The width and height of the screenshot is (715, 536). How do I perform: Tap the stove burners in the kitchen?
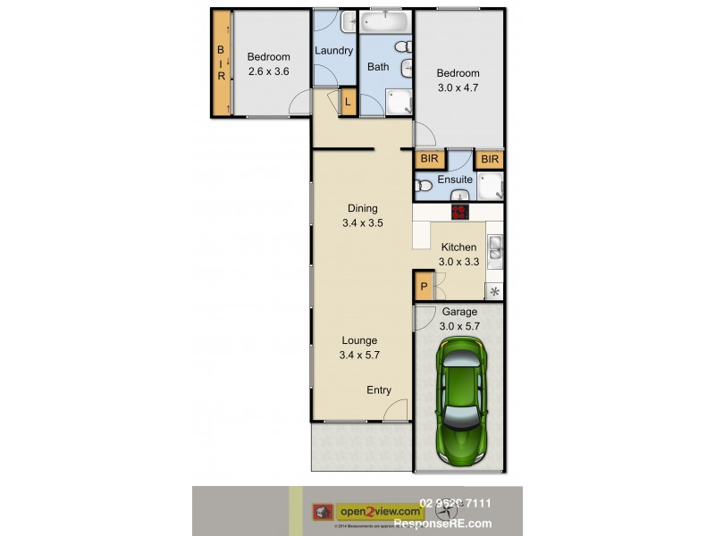click(460, 212)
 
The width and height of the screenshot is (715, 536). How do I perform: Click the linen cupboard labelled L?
click(348, 103)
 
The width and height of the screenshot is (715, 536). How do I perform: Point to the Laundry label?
click(333, 51)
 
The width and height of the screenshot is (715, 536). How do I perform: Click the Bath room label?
click(378, 66)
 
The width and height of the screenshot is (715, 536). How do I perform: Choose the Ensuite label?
click(455, 180)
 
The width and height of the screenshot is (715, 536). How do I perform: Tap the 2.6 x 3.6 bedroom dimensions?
click(268, 71)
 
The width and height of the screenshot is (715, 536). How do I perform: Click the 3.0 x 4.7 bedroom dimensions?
click(458, 88)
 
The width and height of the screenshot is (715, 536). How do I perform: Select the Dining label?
click(362, 209)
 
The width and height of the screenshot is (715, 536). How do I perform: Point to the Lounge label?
click(358, 340)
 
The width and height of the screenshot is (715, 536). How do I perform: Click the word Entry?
click(379, 390)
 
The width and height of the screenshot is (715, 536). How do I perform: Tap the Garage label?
click(459, 312)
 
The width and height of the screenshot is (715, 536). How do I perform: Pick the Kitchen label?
click(458, 247)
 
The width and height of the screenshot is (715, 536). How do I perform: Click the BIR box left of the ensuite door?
click(430, 159)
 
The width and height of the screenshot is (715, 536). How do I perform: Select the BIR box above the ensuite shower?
click(489, 159)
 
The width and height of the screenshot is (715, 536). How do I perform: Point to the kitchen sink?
click(496, 249)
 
